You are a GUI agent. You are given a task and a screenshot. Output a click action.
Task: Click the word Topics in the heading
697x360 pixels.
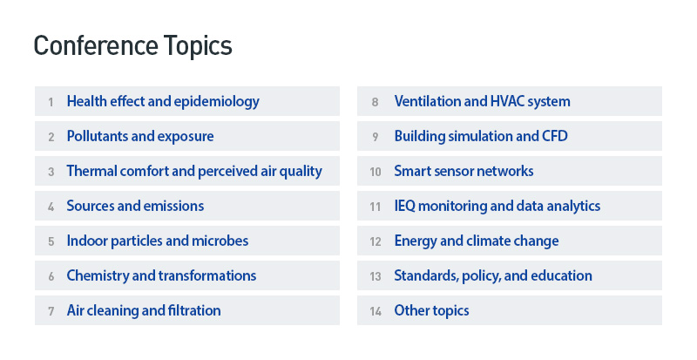click(198, 46)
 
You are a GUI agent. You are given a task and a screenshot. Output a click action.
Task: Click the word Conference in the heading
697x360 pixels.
click(96, 45)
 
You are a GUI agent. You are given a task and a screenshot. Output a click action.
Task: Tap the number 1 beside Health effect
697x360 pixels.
click(51, 102)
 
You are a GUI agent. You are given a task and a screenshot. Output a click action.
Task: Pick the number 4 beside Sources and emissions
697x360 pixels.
click(51, 207)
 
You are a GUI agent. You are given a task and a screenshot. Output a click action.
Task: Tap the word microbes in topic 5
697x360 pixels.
click(220, 241)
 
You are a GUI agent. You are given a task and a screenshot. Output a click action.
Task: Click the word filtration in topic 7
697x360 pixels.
click(194, 310)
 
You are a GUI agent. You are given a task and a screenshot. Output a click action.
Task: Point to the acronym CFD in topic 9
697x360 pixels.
click(555, 136)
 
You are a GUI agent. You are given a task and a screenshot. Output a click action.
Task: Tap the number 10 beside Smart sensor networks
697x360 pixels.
click(376, 172)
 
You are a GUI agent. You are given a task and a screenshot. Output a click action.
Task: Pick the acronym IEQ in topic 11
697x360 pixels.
click(404, 206)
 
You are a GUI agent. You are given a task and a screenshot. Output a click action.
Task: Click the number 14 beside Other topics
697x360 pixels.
click(376, 311)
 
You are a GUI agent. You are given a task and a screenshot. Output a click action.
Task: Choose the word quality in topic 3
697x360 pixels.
click(301, 172)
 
